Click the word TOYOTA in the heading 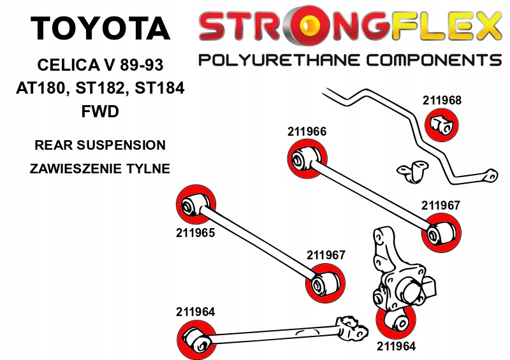101,29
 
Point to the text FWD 100,111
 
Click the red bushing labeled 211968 441,124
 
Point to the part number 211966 307,132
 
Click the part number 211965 195,233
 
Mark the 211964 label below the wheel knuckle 396,347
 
